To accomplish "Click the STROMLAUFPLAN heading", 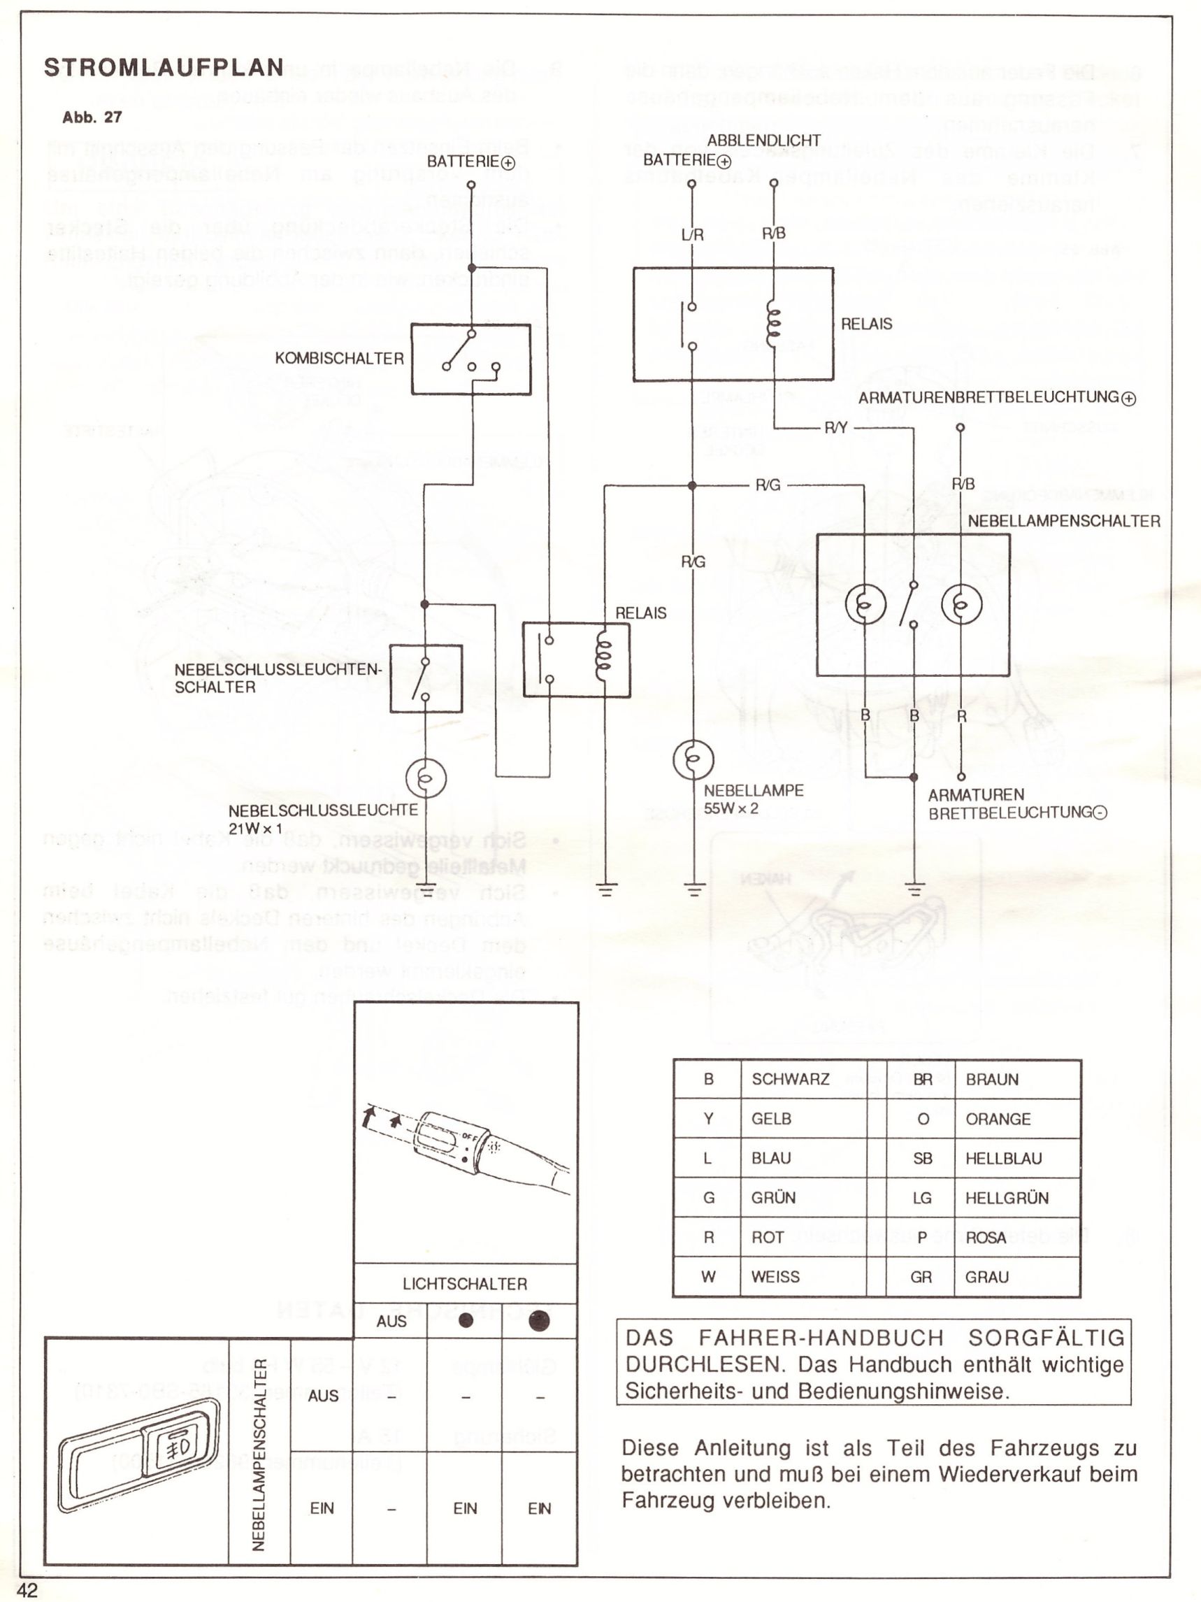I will (x=164, y=67).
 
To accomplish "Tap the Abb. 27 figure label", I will (x=92, y=117).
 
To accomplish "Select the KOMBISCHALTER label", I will (x=339, y=359).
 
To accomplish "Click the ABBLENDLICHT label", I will (x=764, y=141).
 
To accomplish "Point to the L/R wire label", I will (x=692, y=235).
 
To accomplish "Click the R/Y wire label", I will (x=835, y=428).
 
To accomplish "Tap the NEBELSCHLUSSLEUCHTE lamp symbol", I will (x=426, y=778).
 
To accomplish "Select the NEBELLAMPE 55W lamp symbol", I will (x=693, y=759).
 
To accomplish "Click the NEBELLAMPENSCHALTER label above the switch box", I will (x=1063, y=522).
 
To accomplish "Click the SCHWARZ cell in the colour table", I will (x=791, y=1079).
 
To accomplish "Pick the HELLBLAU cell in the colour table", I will (x=1003, y=1158).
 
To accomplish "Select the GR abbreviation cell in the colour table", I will (x=921, y=1277).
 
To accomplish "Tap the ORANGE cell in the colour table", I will (x=998, y=1119).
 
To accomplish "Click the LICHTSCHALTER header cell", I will (x=465, y=1284).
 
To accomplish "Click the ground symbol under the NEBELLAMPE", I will (x=693, y=889).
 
